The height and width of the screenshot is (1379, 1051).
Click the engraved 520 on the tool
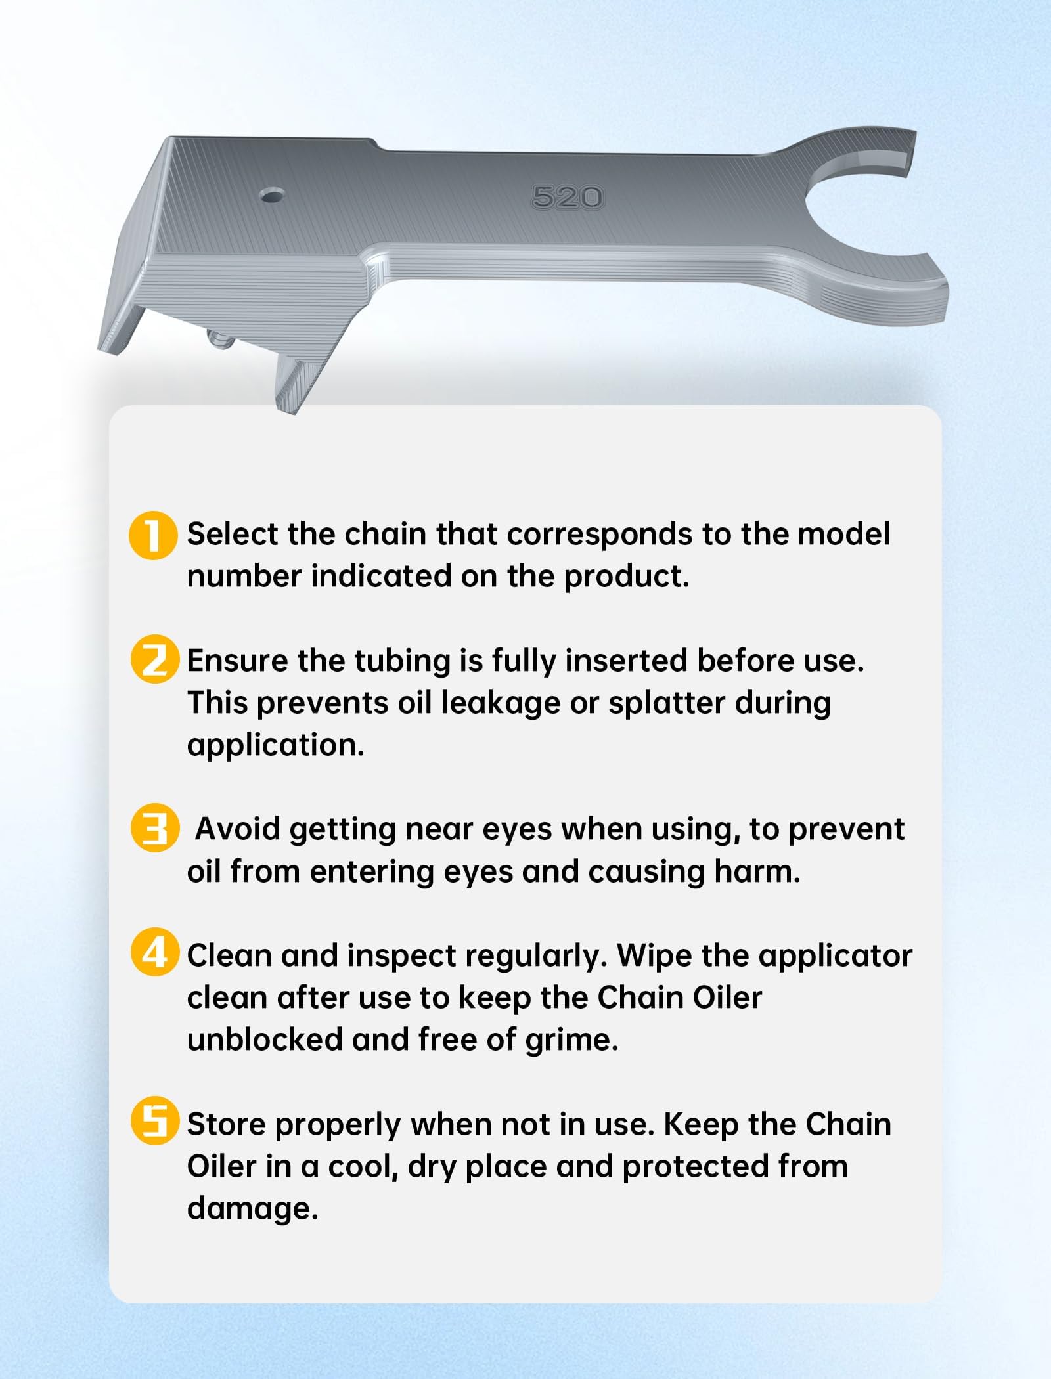(x=567, y=197)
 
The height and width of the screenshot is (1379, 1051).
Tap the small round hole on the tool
(x=271, y=195)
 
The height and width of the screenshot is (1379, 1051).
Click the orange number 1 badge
(x=153, y=535)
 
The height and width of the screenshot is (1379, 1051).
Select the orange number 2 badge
(x=154, y=659)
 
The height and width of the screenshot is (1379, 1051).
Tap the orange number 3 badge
(x=154, y=828)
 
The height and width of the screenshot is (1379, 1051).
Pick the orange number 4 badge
(x=154, y=952)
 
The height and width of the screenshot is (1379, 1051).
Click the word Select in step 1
(x=233, y=534)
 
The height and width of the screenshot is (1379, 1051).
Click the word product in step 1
(x=627, y=577)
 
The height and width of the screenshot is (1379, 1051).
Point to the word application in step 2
(x=275, y=746)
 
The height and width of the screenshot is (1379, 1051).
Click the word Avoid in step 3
(x=238, y=829)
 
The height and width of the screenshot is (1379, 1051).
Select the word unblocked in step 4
(x=265, y=1040)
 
